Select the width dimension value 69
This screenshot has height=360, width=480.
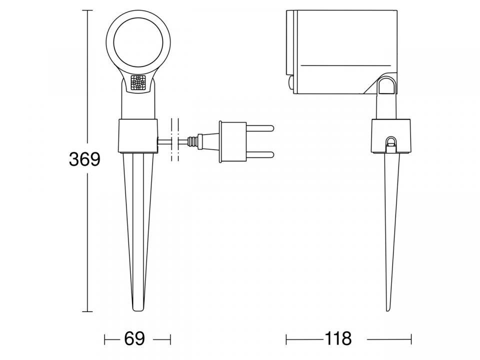(134, 338)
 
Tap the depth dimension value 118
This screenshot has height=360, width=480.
(338, 338)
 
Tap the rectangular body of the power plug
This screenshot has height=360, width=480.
(234, 142)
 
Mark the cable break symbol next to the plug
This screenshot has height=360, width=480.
(174, 140)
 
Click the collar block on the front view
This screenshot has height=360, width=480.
(138, 135)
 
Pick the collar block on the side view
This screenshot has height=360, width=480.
(392, 135)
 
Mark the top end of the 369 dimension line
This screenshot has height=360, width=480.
(88, 10)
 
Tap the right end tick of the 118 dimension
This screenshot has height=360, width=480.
(411, 339)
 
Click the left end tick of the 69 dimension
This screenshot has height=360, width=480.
(105, 339)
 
